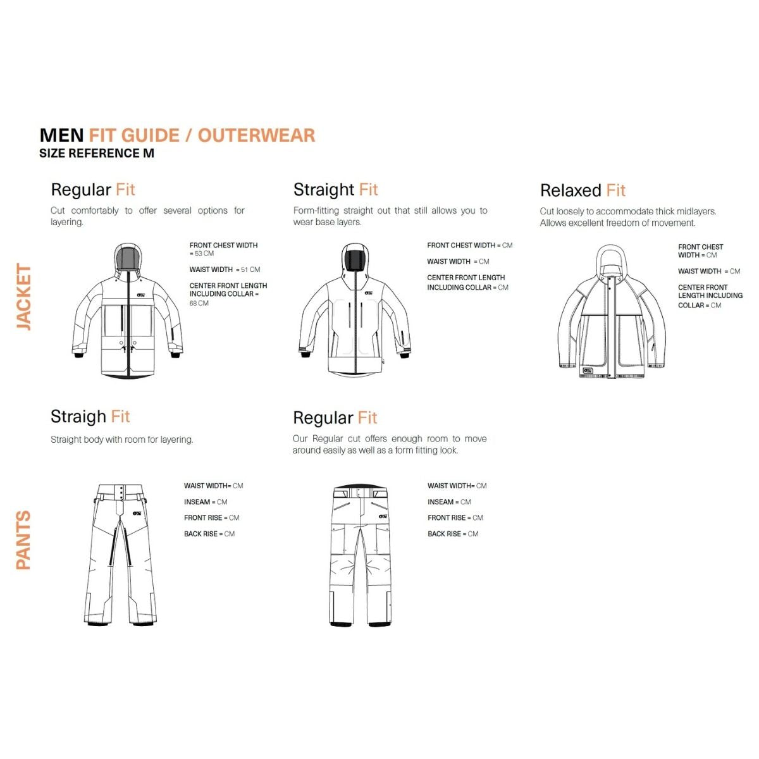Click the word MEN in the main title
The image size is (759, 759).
tap(61, 135)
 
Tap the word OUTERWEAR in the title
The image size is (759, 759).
tap(256, 135)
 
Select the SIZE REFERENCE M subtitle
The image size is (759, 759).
tap(97, 153)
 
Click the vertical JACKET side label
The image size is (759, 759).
tap(23, 297)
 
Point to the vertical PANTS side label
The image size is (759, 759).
tap(23, 540)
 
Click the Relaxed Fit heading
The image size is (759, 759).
tap(583, 190)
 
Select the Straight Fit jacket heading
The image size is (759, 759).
tap(335, 190)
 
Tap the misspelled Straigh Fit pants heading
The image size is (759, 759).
tap(90, 416)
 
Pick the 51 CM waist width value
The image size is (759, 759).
tap(250, 269)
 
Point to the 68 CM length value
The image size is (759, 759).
tap(199, 304)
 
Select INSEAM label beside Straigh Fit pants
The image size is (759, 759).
tap(197, 502)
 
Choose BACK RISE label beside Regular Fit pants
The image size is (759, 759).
tap(444, 534)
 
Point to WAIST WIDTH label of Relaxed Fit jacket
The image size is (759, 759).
tap(700, 271)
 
